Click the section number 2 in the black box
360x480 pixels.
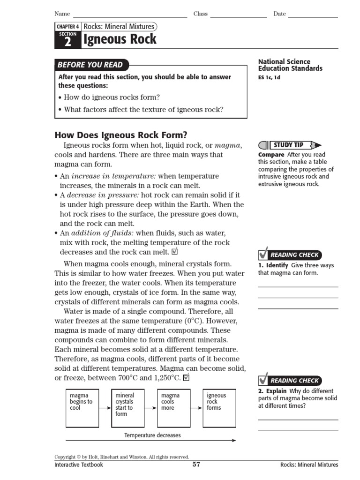click(x=68, y=42)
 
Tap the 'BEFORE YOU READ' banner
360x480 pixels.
click(x=90, y=65)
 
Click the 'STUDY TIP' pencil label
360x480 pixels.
click(x=289, y=145)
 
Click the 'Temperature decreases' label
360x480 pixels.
click(x=152, y=435)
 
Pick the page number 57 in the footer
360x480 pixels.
click(x=196, y=465)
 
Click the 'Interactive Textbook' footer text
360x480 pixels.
click(x=79, y=465)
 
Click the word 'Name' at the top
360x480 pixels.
click(x=62, y=14)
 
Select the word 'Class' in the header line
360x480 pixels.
click(x=201, y=14)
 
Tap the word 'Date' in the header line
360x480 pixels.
click(x=279, y=14)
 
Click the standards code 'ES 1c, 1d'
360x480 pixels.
click(x=269, y=78)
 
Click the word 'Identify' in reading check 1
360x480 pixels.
click(x=277, y=265)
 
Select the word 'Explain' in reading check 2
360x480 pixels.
click(x=276, y=391)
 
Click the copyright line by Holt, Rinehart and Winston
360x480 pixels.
click(x=122, y=457)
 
